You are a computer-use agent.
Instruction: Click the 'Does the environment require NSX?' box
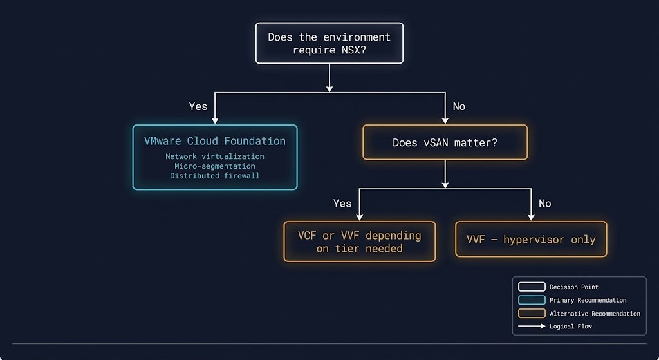click(x=329, y=43)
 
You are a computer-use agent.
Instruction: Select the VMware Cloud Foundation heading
click(x=215, y=141)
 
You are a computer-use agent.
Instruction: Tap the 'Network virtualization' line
click(x=215, y=156)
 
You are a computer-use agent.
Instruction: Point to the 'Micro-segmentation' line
click(x=215, y=166)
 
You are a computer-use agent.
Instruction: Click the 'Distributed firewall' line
click(x=215, y=176)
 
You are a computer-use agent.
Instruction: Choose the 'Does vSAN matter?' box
click(x=445, y=142)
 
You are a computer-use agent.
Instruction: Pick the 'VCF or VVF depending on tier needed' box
click(x=359, y=242)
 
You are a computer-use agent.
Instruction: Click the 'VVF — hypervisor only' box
click(x=531, y=240)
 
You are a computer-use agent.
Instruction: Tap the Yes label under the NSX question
click(x=198, y=106)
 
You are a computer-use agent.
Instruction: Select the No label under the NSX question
click(x=459, y=106)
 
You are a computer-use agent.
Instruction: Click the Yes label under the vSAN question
click(x=342, y=204)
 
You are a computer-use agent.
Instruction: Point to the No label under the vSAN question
click(x=544, y=204)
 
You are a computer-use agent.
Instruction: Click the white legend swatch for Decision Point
click(x=532, y=287)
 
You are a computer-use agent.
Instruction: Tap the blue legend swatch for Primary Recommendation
click(x=532, y=300)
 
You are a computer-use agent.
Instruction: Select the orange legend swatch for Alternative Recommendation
click(x=532, y=314)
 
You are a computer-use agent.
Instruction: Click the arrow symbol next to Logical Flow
click(x=532, y=327)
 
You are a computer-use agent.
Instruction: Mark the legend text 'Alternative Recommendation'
click(x=595, y=314)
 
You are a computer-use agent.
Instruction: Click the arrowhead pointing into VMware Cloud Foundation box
click(x=215, y=120)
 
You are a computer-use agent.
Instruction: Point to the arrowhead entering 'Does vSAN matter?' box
click(x=445, y=120)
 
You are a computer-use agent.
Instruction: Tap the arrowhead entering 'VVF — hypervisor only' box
click(x=531, y=217)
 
